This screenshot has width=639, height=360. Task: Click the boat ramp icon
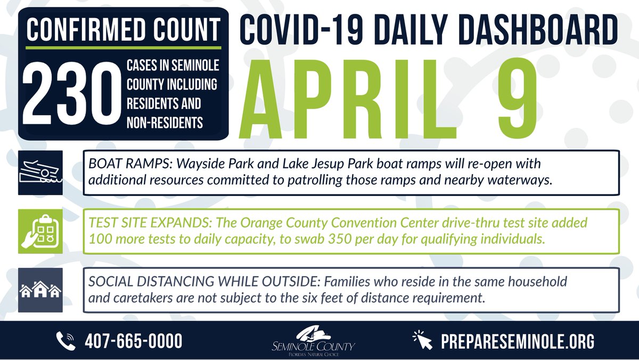40,173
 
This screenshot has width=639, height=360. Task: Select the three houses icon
40,290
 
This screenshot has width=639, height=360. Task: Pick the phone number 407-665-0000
134,340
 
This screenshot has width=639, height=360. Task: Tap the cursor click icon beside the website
423,340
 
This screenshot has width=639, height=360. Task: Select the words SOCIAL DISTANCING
136,282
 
